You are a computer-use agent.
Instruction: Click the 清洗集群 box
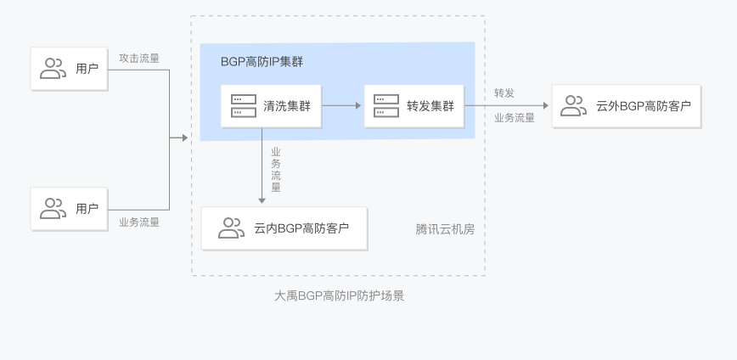tap(271, 106)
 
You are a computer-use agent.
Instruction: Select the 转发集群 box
tap(414, 106)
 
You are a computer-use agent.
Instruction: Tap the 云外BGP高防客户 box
tap(626, 106)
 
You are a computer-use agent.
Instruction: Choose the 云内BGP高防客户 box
tap(284, 228)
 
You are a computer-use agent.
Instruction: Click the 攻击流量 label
tap(139, 59)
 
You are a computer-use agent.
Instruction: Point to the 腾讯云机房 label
tap(445, 229)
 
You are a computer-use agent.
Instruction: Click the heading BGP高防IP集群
tap(262, 62)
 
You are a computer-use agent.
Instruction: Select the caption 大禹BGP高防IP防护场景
tap(339, 295)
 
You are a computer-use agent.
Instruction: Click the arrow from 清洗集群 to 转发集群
tap(341, 106)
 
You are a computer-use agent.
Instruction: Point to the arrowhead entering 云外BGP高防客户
tap(546, 106)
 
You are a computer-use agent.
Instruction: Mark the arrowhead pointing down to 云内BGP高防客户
tap(262, 200)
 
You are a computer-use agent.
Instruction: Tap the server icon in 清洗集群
tap(244, 106)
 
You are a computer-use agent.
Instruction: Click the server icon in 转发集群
tap(386, 106)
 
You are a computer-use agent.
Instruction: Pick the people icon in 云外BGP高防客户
tap(573, 106)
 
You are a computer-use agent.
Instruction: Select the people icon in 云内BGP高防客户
tap(231, 228)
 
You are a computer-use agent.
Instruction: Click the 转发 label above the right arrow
tap(504, 93)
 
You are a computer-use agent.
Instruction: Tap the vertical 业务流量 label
tap(276, 170)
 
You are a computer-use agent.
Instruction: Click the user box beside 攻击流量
tap(69, 69)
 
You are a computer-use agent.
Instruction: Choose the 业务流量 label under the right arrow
tap(515, 118)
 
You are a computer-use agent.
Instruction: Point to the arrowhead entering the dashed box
tap(185, 138)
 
